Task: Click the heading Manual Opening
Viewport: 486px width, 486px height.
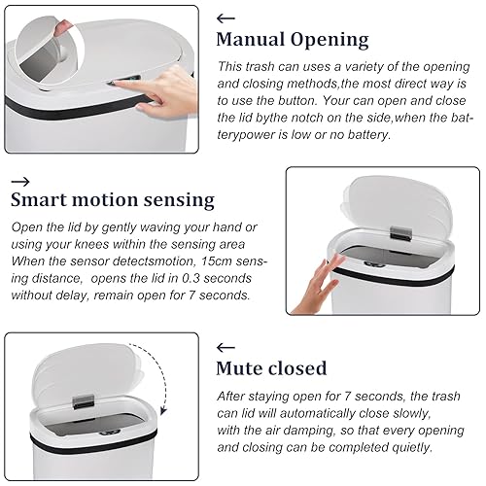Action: coord(292,40)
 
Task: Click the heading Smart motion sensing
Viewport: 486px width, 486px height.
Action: coord(112,200)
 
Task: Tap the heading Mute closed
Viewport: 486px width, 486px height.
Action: coord(271,367)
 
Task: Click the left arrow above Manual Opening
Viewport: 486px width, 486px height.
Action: coord(226,17)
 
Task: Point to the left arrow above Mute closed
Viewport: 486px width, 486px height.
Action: coord(226,346)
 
